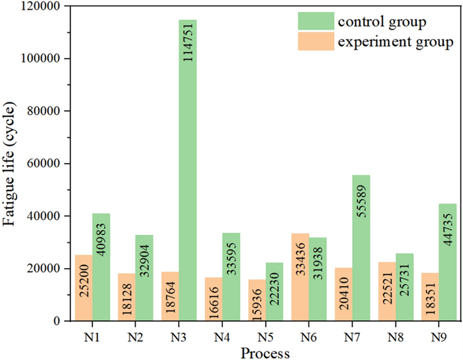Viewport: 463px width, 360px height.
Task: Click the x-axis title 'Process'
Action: coord(265,352)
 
